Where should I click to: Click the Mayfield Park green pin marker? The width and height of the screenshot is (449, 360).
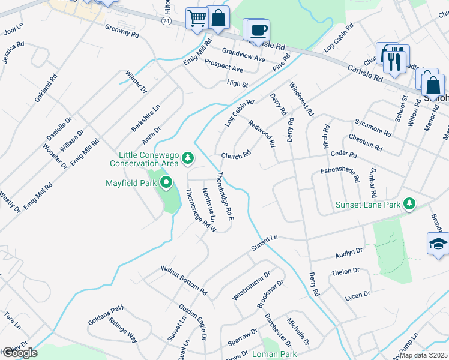tap(166, 182)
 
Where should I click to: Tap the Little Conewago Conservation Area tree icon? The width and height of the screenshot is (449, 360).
tap(188, 158)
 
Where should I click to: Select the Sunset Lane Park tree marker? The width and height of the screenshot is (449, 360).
tap(410, 204)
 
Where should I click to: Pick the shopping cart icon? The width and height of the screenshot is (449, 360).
tap(196, 19)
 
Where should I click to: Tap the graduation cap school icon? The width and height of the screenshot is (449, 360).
tap(438, 244)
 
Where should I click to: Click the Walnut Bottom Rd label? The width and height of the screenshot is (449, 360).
tap(184, 281)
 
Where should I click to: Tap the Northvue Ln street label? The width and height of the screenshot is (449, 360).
tap(208, 204)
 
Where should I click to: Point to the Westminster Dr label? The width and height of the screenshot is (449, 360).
tap(251, 285)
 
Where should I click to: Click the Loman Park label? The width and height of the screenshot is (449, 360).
tap(274, 354)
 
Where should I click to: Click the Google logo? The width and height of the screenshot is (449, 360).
tap(20, 353)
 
